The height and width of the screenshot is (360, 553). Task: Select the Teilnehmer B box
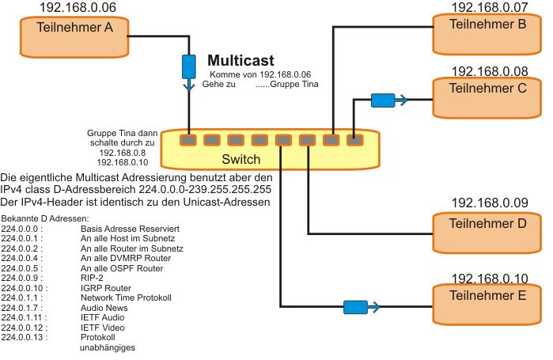tap(487, 32)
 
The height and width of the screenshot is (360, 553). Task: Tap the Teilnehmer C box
tap(487, 97)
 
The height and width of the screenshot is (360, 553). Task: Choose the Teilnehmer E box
tap(487, 303)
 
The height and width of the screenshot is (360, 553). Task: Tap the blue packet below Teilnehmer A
tap(188, 66)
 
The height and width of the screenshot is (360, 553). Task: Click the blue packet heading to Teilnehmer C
tap(384, 100)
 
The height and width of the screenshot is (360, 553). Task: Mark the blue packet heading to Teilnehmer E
tap(355, 305)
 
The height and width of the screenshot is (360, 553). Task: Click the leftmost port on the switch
tap(187, 140)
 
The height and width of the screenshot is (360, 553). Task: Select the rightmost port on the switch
tap(354, 140)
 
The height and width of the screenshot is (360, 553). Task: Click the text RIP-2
tap(93, 278)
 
